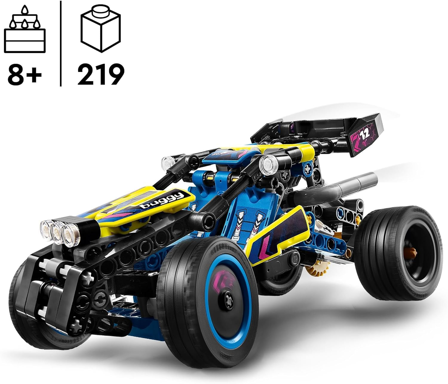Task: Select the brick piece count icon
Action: pyautogui.click(x=100, y=30)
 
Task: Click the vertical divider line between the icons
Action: pyautogui.click(x=61, y=43)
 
